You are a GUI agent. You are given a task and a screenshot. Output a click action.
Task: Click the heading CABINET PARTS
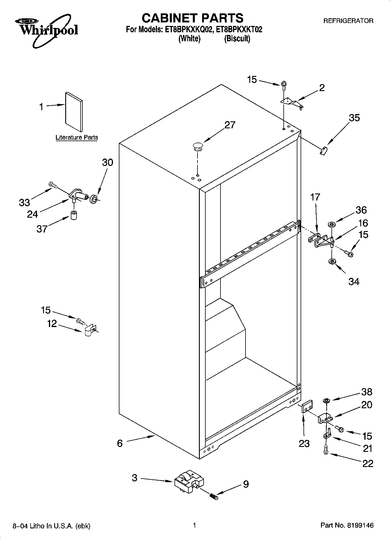pyautogui.click(x=193, y=18)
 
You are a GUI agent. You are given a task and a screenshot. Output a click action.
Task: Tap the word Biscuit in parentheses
pyautogui.click(x=237, y=39)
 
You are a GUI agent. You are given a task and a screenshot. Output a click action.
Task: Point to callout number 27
pyautogui.click(x=230, y=125)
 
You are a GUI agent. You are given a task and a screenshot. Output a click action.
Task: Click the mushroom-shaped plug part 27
pyautogui.click(x=198, y=146)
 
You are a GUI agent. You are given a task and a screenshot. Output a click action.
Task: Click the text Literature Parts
pyautogui.click(x=77, y=137)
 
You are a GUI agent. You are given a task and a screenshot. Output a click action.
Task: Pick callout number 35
pyautogui.click(x=354, y=118)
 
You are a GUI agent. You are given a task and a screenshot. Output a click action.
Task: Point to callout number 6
pyautogui.click(x=120, y=443)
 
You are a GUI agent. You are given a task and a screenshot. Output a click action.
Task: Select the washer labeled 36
pyautogui.click(x=331, y=225)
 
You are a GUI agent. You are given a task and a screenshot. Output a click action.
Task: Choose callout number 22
pyautogui.click(x=368, y=463)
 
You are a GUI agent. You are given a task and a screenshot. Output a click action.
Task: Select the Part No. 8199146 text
pyautogui.click(x=347, y=525)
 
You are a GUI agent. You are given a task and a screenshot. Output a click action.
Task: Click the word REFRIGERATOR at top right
pyautogui.click(x=348, y=21)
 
